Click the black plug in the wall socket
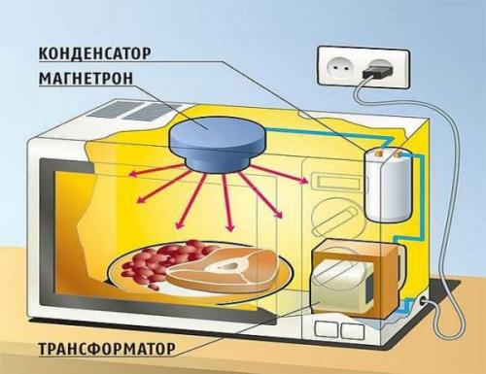[377, 70]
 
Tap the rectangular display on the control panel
[328, 181]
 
